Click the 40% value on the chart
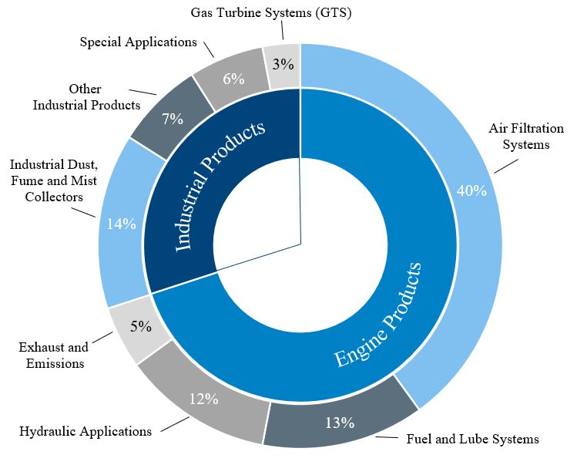click(x=471, y=190)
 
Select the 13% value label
click(x=339, y=423)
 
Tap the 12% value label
click(x=204, y=399)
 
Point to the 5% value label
click(x=140, y=326)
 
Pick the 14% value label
click(x=122, y=224)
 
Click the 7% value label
click(x=172, y=119)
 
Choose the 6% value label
click(x=233, y=79)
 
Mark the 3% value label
click(x=282, y=65)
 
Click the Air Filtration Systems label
click(x=526, y=136)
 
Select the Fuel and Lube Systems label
click(x=472, y=440)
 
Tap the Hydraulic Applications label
click(x=86, y=431)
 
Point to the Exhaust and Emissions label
click(x=53, y=355)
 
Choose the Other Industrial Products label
click(x=86, y=97)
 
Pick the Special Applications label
click(x=139, y=42)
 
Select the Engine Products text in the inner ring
click(x=378, y=315)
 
